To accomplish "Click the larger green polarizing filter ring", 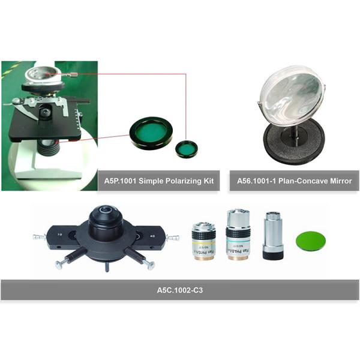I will [x=151, y=133].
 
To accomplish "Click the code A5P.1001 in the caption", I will [x=121, y=180].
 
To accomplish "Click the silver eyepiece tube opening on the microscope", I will [x=39, y=74].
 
